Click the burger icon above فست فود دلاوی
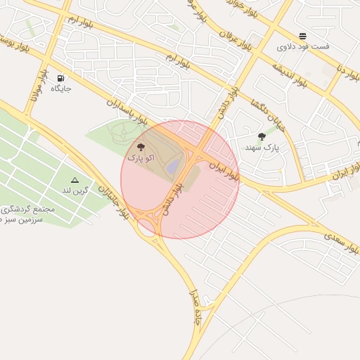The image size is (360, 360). pos(302,36)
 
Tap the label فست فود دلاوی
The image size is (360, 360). pos(303,47)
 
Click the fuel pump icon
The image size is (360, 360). pos(60,78)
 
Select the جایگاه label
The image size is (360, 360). pos(60,89)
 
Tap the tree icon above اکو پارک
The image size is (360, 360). pos(141,148)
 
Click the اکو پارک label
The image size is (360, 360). pos(140,159)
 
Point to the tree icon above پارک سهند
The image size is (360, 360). pos(262,137)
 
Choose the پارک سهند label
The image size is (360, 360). pos(262,148)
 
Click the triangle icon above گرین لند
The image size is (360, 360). pos(75,180)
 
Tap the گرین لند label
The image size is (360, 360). pos(75,191)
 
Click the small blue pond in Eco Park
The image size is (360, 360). pos(172,166)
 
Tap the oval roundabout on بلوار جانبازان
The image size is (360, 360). pos(147,226)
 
